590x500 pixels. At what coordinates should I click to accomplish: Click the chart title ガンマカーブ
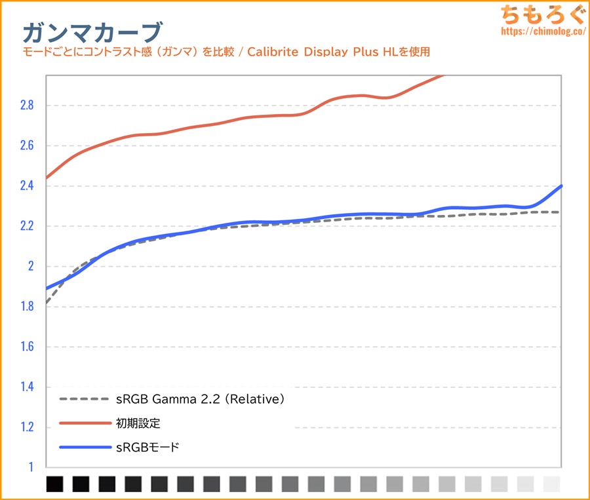coord(92,31)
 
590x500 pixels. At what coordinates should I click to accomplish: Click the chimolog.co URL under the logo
coord(542,31)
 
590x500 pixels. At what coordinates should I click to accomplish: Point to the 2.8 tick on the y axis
coord(27,106)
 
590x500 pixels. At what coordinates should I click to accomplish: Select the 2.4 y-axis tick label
coord(27,186)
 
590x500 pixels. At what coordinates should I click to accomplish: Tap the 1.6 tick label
coord(27,347)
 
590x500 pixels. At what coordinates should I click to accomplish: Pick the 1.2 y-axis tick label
coord(27,428)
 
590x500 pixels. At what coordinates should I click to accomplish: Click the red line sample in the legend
coord(85,423)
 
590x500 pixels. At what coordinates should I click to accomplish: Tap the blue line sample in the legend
coord(85,448)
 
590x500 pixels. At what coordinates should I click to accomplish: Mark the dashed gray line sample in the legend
coord(85,398)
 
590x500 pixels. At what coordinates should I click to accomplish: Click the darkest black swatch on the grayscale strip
coord(55,484)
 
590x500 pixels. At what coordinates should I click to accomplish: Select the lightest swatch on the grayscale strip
coord(552,484)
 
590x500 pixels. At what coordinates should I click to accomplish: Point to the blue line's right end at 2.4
coord(561,187)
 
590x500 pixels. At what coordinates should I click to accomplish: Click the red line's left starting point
coord(47,178)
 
